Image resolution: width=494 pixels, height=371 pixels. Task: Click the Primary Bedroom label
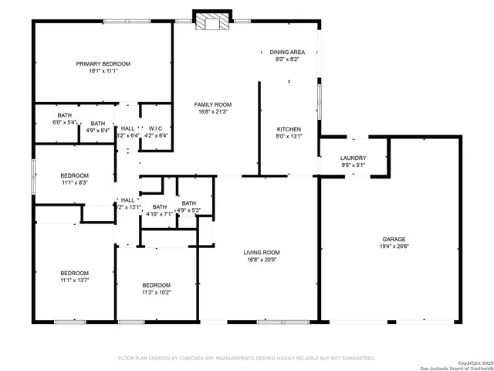click(x=103, y=63)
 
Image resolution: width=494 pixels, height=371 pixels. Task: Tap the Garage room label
click(x=394, y=240)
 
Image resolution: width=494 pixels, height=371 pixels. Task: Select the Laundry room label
click(x=353, y=158)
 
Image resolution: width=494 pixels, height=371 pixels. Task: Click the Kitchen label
click(x=289, y=129)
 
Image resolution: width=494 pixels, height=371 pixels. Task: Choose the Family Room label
click(x=212, y=104)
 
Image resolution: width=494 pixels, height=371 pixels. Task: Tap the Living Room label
click(x=262, y=253)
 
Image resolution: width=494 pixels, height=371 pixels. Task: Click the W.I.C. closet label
click(x=156, y=128)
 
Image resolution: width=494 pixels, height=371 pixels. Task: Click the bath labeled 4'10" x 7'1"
click(x=159, y=211)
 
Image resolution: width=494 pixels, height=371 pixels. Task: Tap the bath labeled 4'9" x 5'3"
click(x=188, y=206)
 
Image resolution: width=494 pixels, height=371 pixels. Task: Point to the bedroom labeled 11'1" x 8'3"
click(x=75, y=179)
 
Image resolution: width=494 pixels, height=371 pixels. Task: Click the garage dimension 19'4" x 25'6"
click(x=394, y=247)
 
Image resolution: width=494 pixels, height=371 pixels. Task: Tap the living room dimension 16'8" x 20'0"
click(x=262, y=260)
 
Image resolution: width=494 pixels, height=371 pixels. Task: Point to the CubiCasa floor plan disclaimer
click(x=246, y=359)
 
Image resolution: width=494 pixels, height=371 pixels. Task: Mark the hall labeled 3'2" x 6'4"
click(x=127, y=131)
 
